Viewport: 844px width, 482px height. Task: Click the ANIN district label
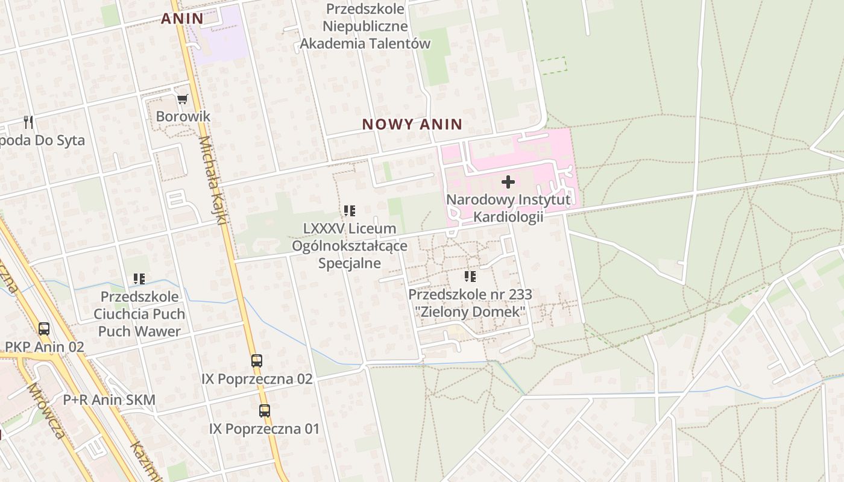click(x=182, y=19)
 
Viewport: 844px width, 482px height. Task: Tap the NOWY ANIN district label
click(x=412, y=125)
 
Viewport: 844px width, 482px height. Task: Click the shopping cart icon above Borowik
click(x=182, y=99)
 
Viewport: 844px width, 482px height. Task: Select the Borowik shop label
click(x=183, y=116)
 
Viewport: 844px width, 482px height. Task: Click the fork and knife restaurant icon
click(x=28, y=122)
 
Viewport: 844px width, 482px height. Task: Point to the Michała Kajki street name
click(x=212, y=181)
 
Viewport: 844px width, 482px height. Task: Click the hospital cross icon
click(x=508, y=181)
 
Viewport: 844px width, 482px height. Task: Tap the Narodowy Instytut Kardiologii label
click(x=508, y=208)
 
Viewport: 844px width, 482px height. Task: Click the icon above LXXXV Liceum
click(x=350, y=211)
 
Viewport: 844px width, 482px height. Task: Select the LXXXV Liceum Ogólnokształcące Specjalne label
click(x=350, y=246)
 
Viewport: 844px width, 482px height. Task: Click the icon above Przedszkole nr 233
click(x=470, y=277)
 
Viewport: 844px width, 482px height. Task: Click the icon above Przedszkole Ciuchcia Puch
click(x=139, y=279)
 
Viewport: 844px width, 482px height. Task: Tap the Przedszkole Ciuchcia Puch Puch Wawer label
click(x=139, y=314)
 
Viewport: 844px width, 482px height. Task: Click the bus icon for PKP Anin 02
click(x=44, y=329)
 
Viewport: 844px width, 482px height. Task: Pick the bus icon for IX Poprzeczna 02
click(x=257, y=361)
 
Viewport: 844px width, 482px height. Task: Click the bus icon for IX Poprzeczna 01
click(x=264, y=411)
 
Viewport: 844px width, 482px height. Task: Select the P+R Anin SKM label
click(x=109, y=400)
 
